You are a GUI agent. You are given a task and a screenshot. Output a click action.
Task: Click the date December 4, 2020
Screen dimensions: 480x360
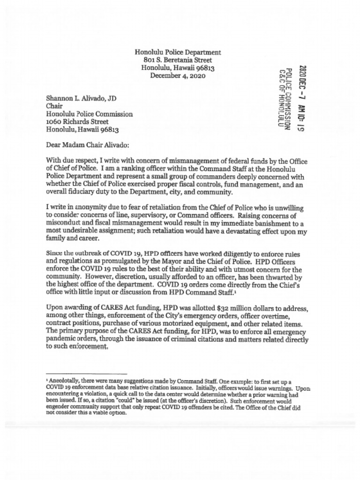[x=178, y=75]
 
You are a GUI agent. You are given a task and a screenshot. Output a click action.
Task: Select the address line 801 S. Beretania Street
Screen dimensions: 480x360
[x=178, y=60]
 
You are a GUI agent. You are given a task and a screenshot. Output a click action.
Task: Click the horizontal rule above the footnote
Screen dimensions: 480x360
[x=75, y=370]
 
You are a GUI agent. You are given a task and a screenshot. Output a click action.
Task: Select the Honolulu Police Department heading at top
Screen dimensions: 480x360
[x=178, y=52]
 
